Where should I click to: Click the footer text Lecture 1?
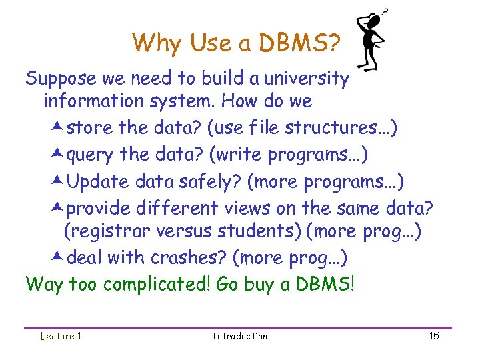[61, 336]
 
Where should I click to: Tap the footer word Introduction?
[239, 336]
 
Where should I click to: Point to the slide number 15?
[434, 336]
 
